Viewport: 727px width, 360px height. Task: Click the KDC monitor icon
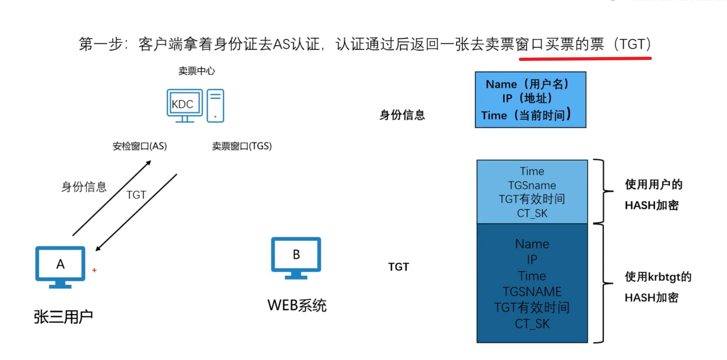pos(184,105)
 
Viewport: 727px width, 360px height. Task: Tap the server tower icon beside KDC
pos(215,105)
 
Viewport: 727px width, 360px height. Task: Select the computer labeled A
pos(60,266)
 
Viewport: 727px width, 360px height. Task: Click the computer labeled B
pos(296,257)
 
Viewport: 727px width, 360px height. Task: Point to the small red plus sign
pos(94,270)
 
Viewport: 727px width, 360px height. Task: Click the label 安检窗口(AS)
pos(140,146)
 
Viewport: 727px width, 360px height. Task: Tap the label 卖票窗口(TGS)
pos(242,146)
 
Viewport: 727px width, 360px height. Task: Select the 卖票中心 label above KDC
pos(197,71)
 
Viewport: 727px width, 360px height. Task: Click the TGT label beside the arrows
pos(136,195)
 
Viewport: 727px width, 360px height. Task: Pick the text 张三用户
pos(63,317)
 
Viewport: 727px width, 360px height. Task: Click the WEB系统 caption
pos(297,305)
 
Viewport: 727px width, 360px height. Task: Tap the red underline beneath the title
pos(585,59)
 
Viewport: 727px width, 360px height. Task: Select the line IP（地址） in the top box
pos(527,98)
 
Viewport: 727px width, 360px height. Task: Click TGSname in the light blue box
pos(532,185)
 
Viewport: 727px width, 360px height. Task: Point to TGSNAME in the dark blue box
pos(532,292)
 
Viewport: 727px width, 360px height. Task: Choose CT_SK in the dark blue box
pos(532,324)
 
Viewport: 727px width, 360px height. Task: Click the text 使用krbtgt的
pos(658,277)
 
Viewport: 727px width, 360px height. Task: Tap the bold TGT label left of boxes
pos(399,267)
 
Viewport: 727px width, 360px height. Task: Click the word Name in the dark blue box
pos(532,244)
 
